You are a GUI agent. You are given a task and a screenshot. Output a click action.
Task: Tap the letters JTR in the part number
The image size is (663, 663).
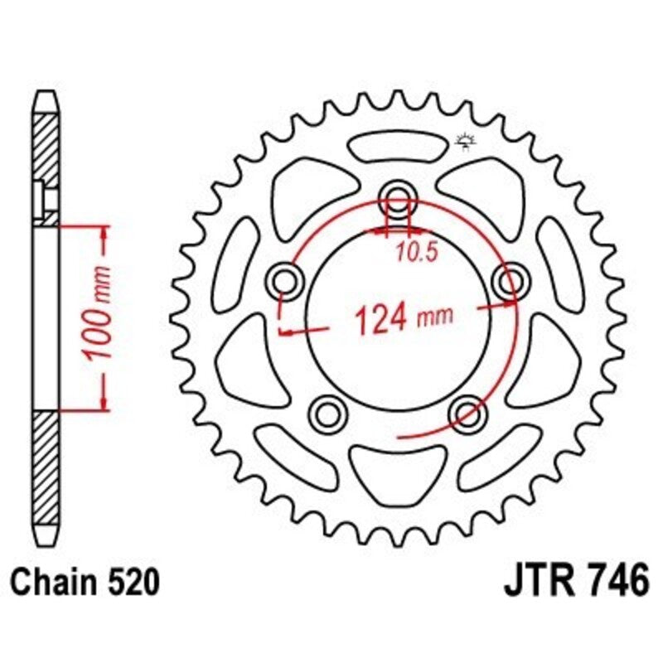pos(540,581)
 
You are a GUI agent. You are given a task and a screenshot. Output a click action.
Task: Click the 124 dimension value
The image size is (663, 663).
pos(380,318)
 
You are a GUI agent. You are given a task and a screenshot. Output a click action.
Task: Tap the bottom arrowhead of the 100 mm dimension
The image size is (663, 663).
pos(104,401)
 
